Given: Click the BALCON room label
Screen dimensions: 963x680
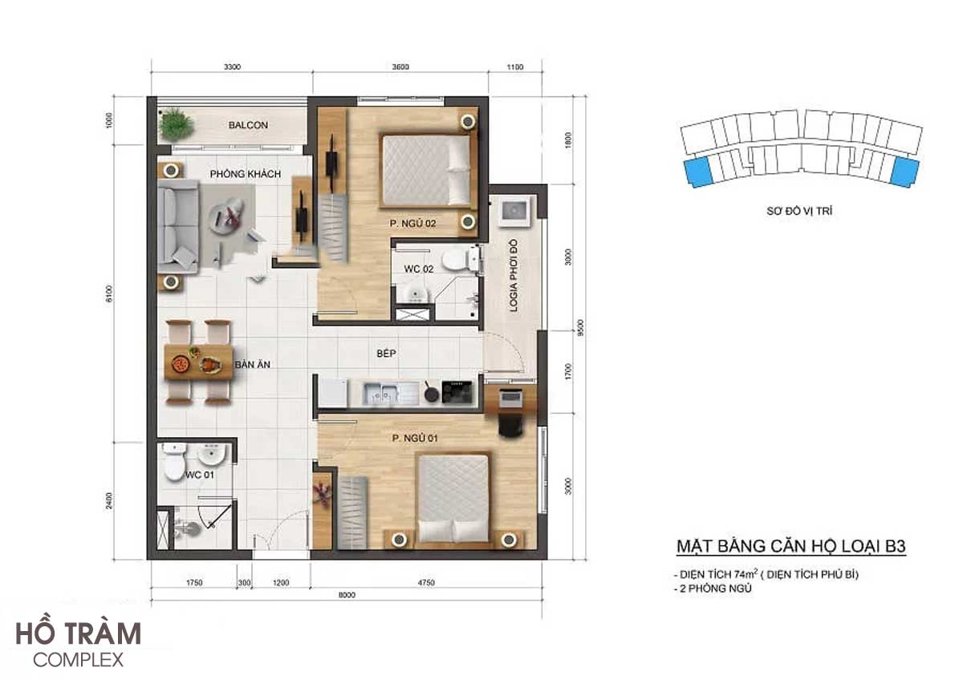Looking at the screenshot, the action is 248,125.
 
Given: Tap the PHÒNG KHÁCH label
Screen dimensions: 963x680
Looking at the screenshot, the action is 245,174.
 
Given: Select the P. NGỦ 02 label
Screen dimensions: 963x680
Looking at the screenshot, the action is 412,224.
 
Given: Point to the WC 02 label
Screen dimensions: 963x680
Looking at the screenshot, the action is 418,269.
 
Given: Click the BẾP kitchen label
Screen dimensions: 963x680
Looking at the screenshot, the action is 386,353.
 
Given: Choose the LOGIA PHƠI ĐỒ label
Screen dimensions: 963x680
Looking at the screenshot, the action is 514,275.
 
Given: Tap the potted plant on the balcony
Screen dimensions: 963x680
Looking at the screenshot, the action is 176,124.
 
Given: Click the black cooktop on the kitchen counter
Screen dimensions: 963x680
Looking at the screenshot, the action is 457,391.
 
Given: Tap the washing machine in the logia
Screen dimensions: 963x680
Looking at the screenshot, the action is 514,211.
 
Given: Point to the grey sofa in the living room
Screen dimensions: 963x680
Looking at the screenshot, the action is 177,226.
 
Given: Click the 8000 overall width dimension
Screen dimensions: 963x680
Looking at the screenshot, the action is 347,595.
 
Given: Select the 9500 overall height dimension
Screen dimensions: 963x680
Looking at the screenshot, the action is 580,328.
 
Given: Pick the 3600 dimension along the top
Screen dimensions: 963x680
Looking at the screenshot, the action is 400,67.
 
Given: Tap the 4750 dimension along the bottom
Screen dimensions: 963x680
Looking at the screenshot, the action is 426,582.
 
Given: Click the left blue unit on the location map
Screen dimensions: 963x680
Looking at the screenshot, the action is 698,172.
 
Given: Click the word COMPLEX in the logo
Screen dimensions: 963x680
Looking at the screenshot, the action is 79,660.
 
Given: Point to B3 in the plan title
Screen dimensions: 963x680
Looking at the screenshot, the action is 895,546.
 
